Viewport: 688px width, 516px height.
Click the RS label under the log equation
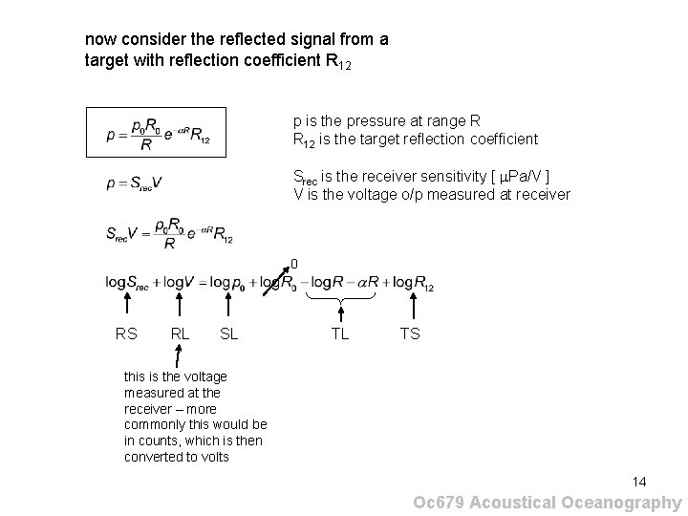[125, 334]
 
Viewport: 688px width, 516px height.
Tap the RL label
[179, 334]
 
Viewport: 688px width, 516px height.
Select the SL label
[229, 334]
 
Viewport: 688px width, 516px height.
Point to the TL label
[340, 334]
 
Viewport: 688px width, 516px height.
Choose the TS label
[410, 334]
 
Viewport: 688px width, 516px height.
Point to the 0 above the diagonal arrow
[294, 264]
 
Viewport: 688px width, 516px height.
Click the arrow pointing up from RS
[127, 308]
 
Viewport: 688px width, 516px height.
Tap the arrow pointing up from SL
[228, 308]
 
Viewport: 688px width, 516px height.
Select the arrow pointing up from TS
[412, 308]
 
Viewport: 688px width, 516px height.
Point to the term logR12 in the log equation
[413, 284]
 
